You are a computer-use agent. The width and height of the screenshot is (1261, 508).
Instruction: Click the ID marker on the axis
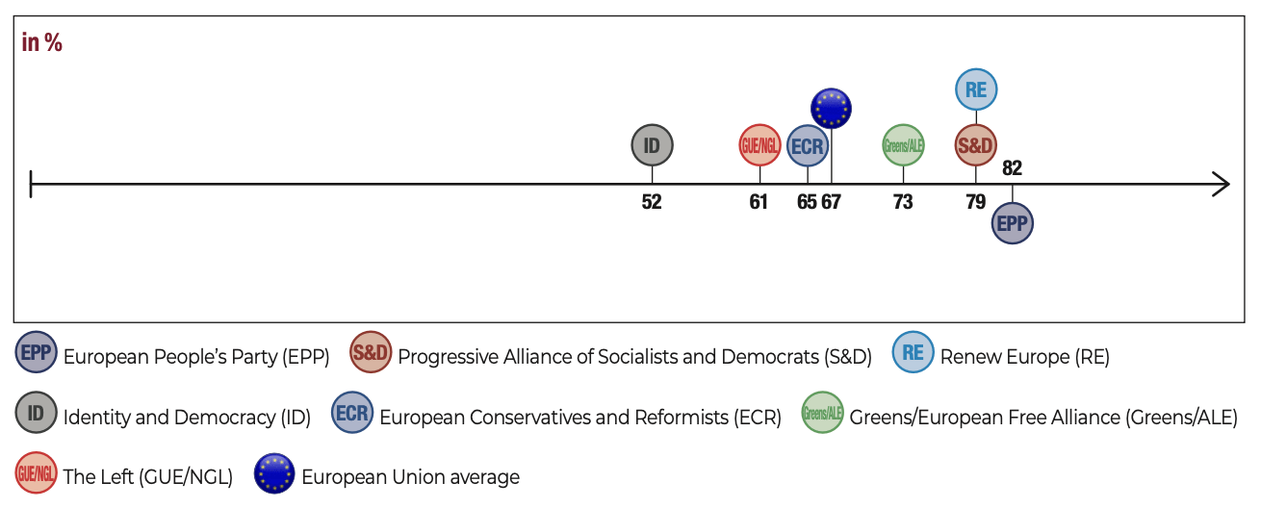pyautogui.click(x=653, y=146)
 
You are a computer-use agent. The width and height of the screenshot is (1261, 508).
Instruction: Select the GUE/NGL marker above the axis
pyautogui.click(x=759, y=146)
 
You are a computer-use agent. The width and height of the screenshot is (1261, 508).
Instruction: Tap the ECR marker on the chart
pyautogui.click(x=807, y=146)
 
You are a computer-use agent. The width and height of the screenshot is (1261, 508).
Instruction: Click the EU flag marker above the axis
pyautogui.click(x=831, y=108)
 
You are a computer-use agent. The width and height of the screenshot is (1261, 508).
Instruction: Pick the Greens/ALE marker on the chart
pyautogui.click(x=903, y=146)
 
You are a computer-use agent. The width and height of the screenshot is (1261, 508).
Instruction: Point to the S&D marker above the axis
pyautogui.click(x=975, y=146)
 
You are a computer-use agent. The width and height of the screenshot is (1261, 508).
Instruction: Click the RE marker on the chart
pyautogui.click(x=976, y=89)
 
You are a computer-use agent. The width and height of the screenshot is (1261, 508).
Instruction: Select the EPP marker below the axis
pyautogui.click(x=1013, y=223)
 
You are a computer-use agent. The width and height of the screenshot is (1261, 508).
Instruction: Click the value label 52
pyautogui.click(x=652, y=202)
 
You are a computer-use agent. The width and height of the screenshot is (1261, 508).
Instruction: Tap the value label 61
pyautogui.click(x=759, y=202)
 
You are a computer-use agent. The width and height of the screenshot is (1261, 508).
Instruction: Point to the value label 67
pyautogui.click(x=832, y=202)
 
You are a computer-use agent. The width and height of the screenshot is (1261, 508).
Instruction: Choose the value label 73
pyautogui.click(x=902, y=202)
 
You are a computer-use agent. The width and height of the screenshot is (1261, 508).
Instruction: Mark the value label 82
pyautogui.click(x=1012, y=168)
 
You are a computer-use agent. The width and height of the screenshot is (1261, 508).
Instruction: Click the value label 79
pyautogui.click(x=975, y=202)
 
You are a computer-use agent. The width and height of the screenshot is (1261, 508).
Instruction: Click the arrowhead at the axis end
pyautogui.click(x=1222, y=184)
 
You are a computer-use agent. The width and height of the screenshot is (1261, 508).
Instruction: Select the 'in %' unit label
pyautogui.click(x=42, y=43)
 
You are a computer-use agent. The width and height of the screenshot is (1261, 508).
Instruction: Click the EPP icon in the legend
pyautogui.click(x=36, y=354)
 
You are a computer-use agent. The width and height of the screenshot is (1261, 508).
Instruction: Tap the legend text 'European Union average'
pyautogui.click(x=410, y=477)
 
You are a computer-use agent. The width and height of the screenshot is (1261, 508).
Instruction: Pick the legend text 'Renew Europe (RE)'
pyautogui.click(x=1024, y=357)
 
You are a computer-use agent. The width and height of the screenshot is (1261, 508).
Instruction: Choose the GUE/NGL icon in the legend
pyautogui.click(x=36, y=474)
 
